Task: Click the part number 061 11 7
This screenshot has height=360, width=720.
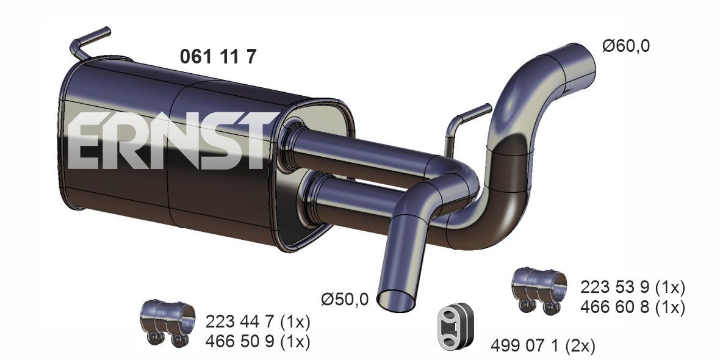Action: (218, 57)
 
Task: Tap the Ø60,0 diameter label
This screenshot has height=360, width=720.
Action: (626, 46)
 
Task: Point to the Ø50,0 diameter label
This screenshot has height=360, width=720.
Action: (345, 300)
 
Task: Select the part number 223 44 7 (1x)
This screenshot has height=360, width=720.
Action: (257, 322)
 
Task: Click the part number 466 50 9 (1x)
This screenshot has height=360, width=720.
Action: (257, 342)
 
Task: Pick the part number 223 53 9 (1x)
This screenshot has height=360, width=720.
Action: (633, 287)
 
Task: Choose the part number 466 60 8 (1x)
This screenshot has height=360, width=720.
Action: (633, 307)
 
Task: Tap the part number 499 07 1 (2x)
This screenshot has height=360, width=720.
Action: (543, 345)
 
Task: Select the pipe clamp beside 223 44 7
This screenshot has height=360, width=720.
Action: (168, 322)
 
